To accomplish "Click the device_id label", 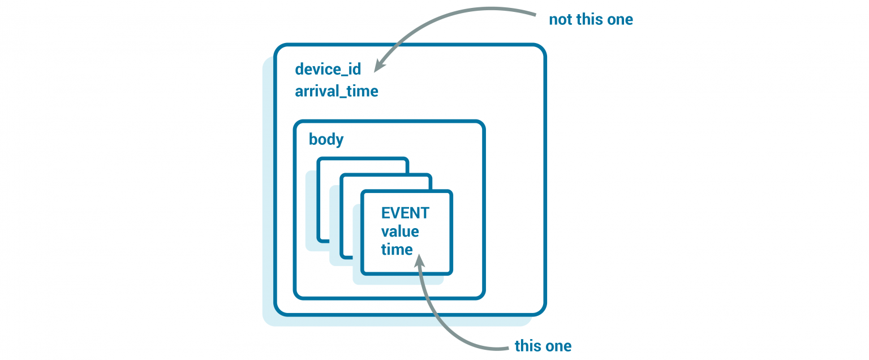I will pyautogui.click(x=328, y=70).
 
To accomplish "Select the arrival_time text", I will pyautogui.click(x=336, y=91).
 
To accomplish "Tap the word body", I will pyautogui.click(x=326, y=139).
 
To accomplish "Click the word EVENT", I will pyautogui.click(x=405, y=213).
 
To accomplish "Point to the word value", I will pyautogui.click(x=400, y=232).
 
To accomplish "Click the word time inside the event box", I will pyautogui.click(x=397, y=250).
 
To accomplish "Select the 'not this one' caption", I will pyautogui.click(x=591, y=20).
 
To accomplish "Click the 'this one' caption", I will pyautogui.click(x=543, y=346).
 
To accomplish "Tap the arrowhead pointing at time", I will pyautogui.click(x=419, y=260).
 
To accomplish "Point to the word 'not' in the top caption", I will pyautogui.click(x=560, y=20).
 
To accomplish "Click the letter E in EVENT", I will pyautogui.click(x=385, y=213).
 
